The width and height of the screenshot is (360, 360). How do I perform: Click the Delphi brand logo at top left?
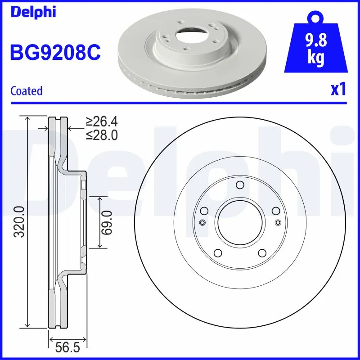[x=33, y=12]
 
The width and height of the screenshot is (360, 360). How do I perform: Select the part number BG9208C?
[x=55, y=53]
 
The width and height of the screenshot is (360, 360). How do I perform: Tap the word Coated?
[x=26, y=91]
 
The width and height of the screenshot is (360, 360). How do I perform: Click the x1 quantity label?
[x=338, y=90]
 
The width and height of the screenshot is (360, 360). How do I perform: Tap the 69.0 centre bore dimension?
[x=106, y=222]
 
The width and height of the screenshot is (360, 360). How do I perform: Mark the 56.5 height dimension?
[x=67, y=348]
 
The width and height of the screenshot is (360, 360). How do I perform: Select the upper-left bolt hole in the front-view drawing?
[x=204, y=211]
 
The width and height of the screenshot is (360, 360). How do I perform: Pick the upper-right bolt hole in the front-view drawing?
[x=275, y=211]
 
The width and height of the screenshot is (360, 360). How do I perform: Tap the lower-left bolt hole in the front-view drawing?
[x=217, y=252]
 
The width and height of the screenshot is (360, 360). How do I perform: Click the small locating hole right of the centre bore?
[x=277, y=222]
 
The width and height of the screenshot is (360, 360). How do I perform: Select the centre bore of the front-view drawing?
[x=239, y=221]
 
